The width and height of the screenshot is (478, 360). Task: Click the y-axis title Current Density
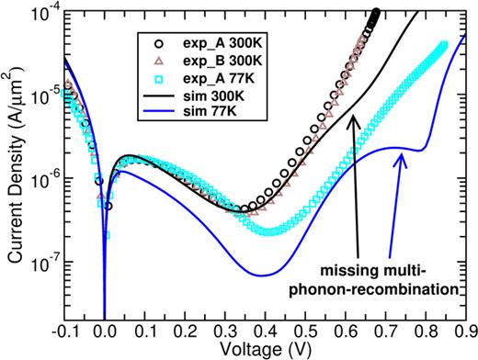click(12, 165)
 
